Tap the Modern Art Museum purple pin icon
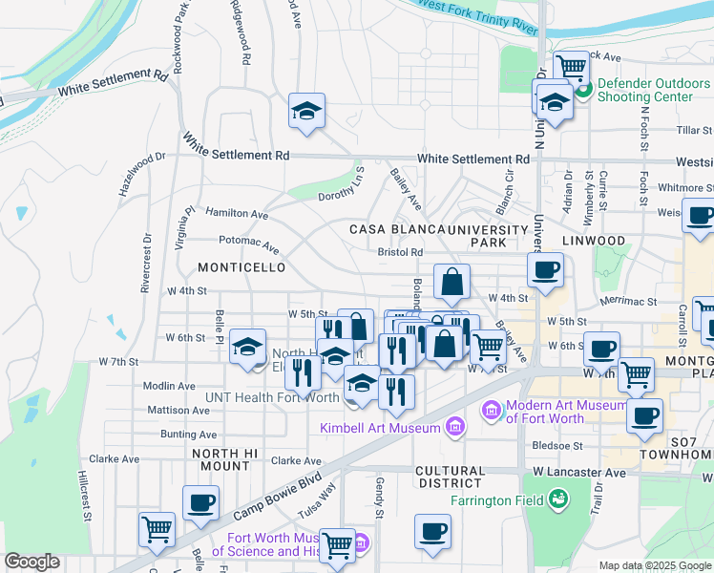point(491,410)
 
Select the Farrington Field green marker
point(558,499)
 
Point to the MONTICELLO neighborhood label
point(237,268)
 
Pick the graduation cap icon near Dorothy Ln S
point(307,111)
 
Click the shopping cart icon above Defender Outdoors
point(571,67)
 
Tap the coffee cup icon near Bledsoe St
point(646,415)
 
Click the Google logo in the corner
point(32,562)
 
